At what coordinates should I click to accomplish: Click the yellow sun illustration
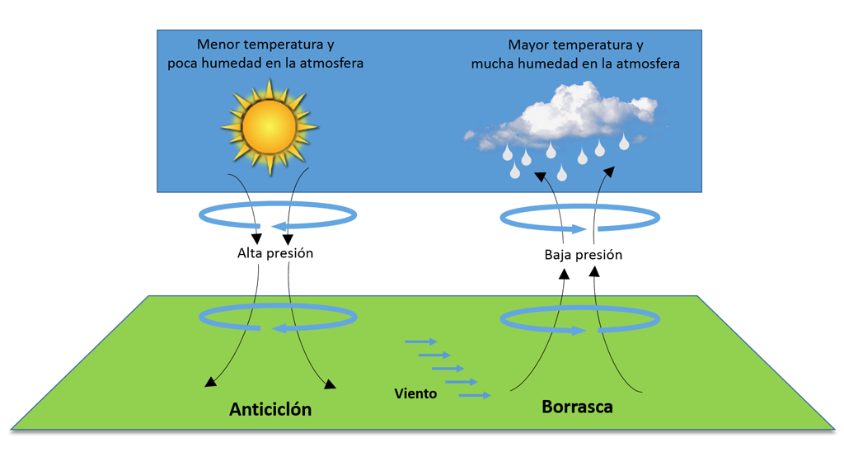click(269, 127)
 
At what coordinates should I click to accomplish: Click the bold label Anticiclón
click(270, 409)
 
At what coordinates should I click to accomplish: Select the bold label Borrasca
click(577, 407)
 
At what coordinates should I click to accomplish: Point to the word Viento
click(415, 393)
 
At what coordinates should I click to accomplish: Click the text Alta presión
click(275, 253)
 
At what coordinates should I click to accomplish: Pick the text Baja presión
click(583, 255)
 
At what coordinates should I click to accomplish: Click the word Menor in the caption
click(218, 45)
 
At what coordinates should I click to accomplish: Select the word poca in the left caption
click(185, 63)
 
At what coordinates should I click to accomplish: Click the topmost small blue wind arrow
click(420, 341)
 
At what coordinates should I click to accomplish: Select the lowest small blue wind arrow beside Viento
click(475, 396)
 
